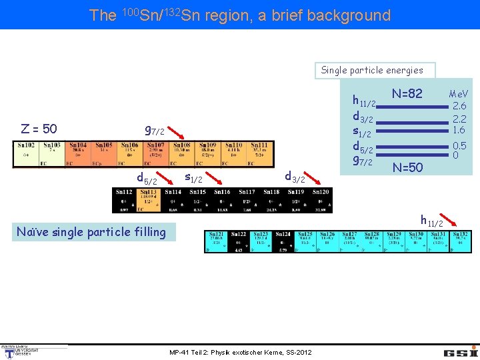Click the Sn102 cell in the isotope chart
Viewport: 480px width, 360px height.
tap(26, 154)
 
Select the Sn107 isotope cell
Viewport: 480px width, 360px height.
tap(155, 154)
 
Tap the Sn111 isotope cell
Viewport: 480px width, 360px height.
tap(259, 154)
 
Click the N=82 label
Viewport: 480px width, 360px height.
tap(407, 94)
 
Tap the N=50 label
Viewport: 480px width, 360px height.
tap(407, 167)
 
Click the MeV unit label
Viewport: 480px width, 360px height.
tap(459, 94)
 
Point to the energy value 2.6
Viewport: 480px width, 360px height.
tap(459, 106)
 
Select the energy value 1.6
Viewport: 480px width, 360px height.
tap(459, 130)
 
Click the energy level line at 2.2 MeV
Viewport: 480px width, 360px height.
tap(414, 118)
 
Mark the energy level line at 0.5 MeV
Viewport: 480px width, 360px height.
tap(414, 146)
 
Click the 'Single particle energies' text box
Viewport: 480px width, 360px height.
tap(371, 70)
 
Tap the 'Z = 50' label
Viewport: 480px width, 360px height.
tap(39, 129)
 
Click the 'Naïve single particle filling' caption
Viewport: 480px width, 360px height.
tap(91, 232)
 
